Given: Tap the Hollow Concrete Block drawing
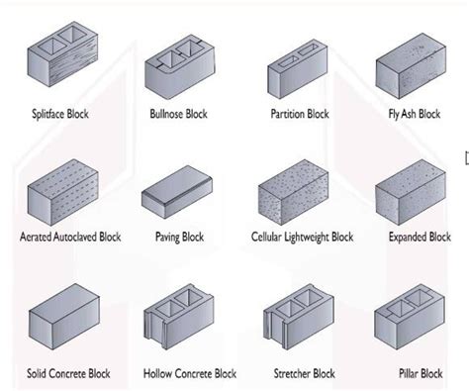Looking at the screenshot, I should click(x=179, y=322).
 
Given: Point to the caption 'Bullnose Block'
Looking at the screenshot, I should click(x=179, y=114).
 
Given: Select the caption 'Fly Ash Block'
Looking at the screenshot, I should click(x=415, y=114).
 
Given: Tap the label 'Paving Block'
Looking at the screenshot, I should click(x=179, y=238).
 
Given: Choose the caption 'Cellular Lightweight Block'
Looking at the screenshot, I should click(x=301, y=238).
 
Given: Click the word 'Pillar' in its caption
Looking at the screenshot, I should click(x=404, y=374).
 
